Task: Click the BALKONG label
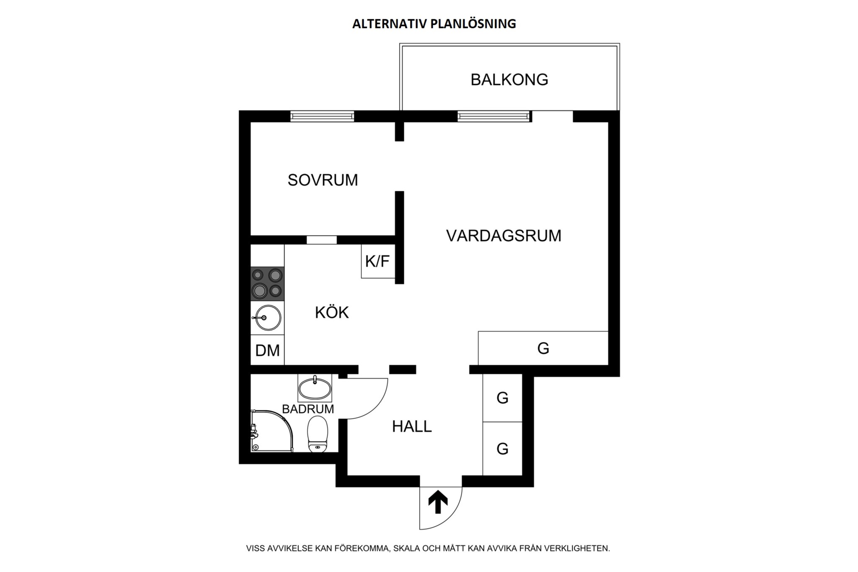point(509,80)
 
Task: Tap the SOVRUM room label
point(323,180)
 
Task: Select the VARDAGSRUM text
point(504,236)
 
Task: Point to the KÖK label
point(332,313)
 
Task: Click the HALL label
point(412,427)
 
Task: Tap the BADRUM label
point(308,409)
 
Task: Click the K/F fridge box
point(378,261)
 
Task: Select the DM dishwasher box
point(267,350)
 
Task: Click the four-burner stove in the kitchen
point(267,284)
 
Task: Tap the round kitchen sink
point(268,318)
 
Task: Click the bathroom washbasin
point(315,387)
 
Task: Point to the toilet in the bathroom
point(318,435)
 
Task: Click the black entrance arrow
point(438,502)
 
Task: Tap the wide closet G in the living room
point(543,348)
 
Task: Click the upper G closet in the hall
point(502,398)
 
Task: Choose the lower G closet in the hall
point(502,449)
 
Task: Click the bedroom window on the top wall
point(322,116)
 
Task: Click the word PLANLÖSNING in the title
point(473,24)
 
